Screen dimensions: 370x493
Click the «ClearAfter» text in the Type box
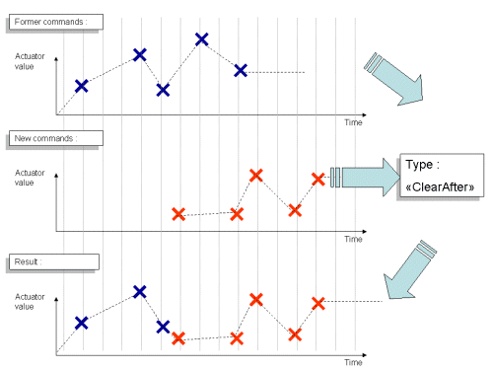pyautogui.click(x=444, y=185)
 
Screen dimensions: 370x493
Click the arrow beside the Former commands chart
pyautogui.click(x=393, y=77)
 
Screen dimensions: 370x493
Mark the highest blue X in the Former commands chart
pyautogui.click(x=202, y=39)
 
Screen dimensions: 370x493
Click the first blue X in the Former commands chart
pyautogui.click(x=81, y=86)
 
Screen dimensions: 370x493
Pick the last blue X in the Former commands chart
pyautogui.click(x=241, y=69)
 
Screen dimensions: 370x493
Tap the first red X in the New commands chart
pyautogui.click(x=178, y=213)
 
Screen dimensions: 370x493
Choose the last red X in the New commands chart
pyautogui.click(x=317, y=179)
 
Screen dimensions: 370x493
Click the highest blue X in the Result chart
pyautogui.click(x=140, y=291)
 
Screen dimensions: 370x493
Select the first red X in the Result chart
pyautogui.click(x=178, y=338)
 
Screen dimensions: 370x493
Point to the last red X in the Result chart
pyautogui.click(x=317, y=303)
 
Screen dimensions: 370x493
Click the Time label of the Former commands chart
pyautogui.click(x=353, y=122)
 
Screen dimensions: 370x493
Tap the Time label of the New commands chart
pyautogui.click(x=353, y=239)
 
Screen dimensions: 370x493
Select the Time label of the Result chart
pyautogui.click(x=353, y=362)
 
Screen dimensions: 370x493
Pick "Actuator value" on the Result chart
pyautogui.click(x=29, y=300)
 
